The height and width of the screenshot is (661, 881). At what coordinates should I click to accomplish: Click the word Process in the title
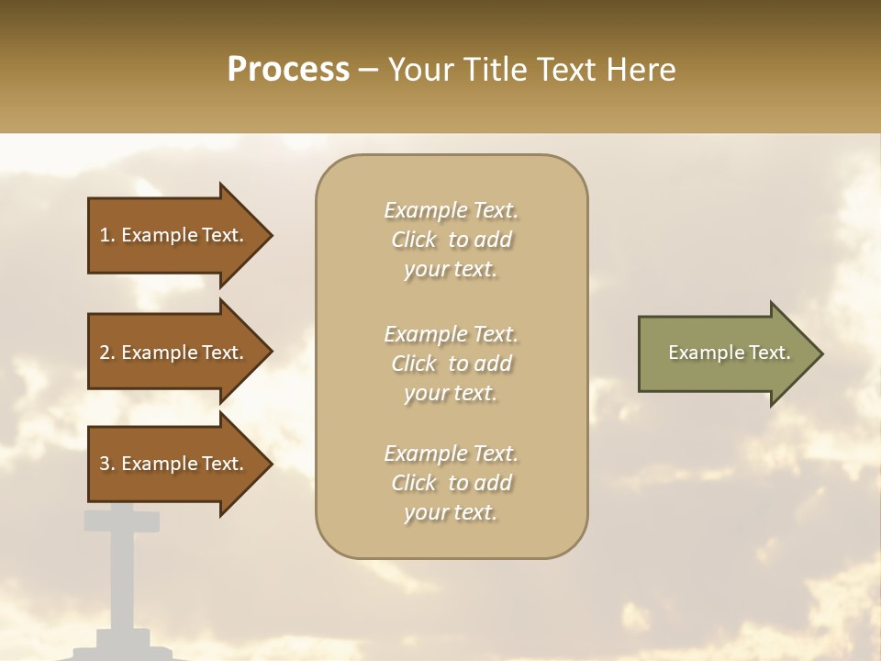[288, 70]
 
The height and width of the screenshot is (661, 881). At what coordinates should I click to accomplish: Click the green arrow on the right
[725, 353]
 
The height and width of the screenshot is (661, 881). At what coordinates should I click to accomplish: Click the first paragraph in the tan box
[451, 240]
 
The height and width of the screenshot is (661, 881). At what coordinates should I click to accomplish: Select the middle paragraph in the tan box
[451, 364]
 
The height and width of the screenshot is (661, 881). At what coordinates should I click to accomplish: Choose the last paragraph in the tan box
[451, 483]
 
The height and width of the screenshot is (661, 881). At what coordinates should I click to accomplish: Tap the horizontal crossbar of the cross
[121, 521]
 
